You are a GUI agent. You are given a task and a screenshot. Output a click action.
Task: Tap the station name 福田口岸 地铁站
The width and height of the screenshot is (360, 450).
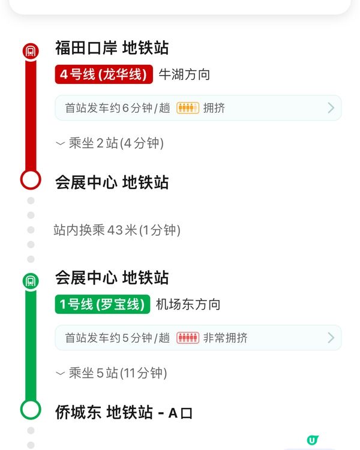112,48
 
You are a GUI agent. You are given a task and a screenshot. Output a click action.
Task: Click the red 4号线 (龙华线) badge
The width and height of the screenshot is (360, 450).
104,74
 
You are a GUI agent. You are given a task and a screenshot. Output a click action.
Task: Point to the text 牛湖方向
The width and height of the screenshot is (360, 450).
184,74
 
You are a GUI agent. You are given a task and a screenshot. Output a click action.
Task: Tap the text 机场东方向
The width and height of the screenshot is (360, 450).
188,304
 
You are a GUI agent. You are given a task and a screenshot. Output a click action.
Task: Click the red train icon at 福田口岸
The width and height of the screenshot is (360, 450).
31,51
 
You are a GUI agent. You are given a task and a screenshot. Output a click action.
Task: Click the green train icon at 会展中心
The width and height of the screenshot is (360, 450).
31,280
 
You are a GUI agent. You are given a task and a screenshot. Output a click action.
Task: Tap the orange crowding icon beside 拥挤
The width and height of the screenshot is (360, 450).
187,108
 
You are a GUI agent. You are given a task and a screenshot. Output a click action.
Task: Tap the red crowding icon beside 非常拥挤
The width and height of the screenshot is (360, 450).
187,338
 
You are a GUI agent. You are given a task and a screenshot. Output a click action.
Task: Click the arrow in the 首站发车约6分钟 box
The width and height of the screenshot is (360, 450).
331,108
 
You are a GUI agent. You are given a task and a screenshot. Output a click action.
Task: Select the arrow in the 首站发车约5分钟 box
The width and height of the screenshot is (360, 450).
331,338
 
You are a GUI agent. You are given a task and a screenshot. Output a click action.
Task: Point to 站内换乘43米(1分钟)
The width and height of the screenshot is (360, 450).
117,230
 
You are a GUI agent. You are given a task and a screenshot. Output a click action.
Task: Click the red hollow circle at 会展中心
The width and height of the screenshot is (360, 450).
31,179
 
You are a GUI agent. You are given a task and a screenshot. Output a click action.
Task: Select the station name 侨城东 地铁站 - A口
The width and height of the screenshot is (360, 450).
124,413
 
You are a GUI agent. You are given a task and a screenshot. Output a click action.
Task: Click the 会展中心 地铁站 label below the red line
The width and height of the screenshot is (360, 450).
112,182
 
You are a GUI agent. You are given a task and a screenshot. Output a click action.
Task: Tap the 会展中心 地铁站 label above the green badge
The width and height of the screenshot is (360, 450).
112,278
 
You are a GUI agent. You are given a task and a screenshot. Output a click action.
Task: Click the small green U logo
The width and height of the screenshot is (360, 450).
312,440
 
